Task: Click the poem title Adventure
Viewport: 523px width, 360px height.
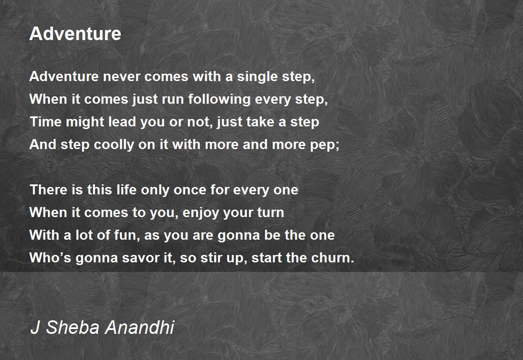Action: (x=75, y=34)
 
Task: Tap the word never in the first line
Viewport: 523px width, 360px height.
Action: (x=122, y=76)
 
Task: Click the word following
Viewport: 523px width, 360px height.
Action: (x=219, y=99)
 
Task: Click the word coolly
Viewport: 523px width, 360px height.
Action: (x=114, y=145)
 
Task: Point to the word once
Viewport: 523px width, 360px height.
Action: (x=190, y=190)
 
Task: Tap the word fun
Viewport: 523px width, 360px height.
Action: (x=125, y=235)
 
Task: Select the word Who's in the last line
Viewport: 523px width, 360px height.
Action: (x=50, y=258)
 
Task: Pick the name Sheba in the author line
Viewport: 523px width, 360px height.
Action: (x=73, y=327)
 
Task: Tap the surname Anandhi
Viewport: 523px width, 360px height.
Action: (x=139, y=327)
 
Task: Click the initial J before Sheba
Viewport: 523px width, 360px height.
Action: (x=35, y=327)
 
